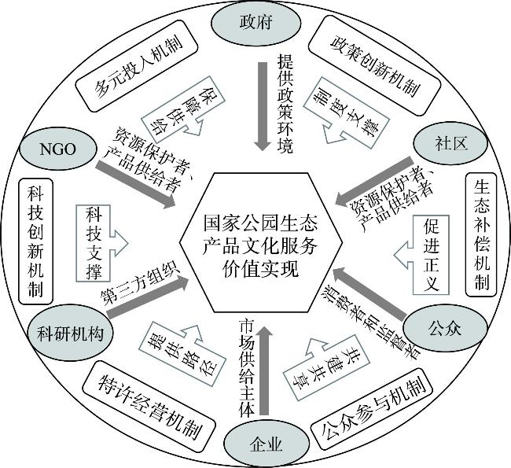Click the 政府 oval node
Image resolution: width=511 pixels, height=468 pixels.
coord(255,21)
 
